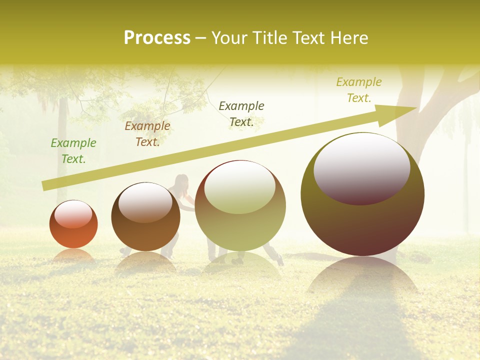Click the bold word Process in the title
point(157,38)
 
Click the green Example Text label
point(73,150)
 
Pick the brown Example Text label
point(147,133)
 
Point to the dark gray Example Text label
point(241,113)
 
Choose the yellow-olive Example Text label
point(359,89)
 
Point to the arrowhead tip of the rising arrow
point(416,108)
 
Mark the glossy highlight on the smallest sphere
point(73,214)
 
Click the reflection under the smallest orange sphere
point(73,255)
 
